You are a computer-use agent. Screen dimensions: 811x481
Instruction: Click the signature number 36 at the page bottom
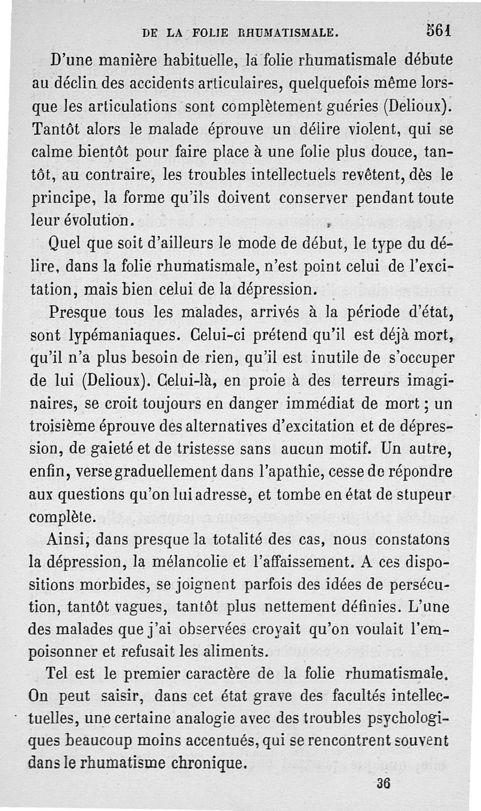(x=382, y=783)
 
